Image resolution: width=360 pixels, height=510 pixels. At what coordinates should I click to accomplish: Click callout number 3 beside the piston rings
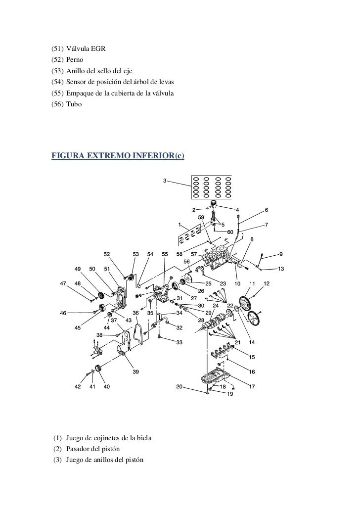pyautogui.click(x=164, y=180)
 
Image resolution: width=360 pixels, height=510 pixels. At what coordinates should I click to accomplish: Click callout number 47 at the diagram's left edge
pyautogui.click(x=63, y=283)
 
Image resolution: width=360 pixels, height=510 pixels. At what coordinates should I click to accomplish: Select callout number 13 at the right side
pyautogui.click(x=281, y=269)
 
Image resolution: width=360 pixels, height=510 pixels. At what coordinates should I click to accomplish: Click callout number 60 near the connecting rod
pyautogui.click(x=230, y=232)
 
